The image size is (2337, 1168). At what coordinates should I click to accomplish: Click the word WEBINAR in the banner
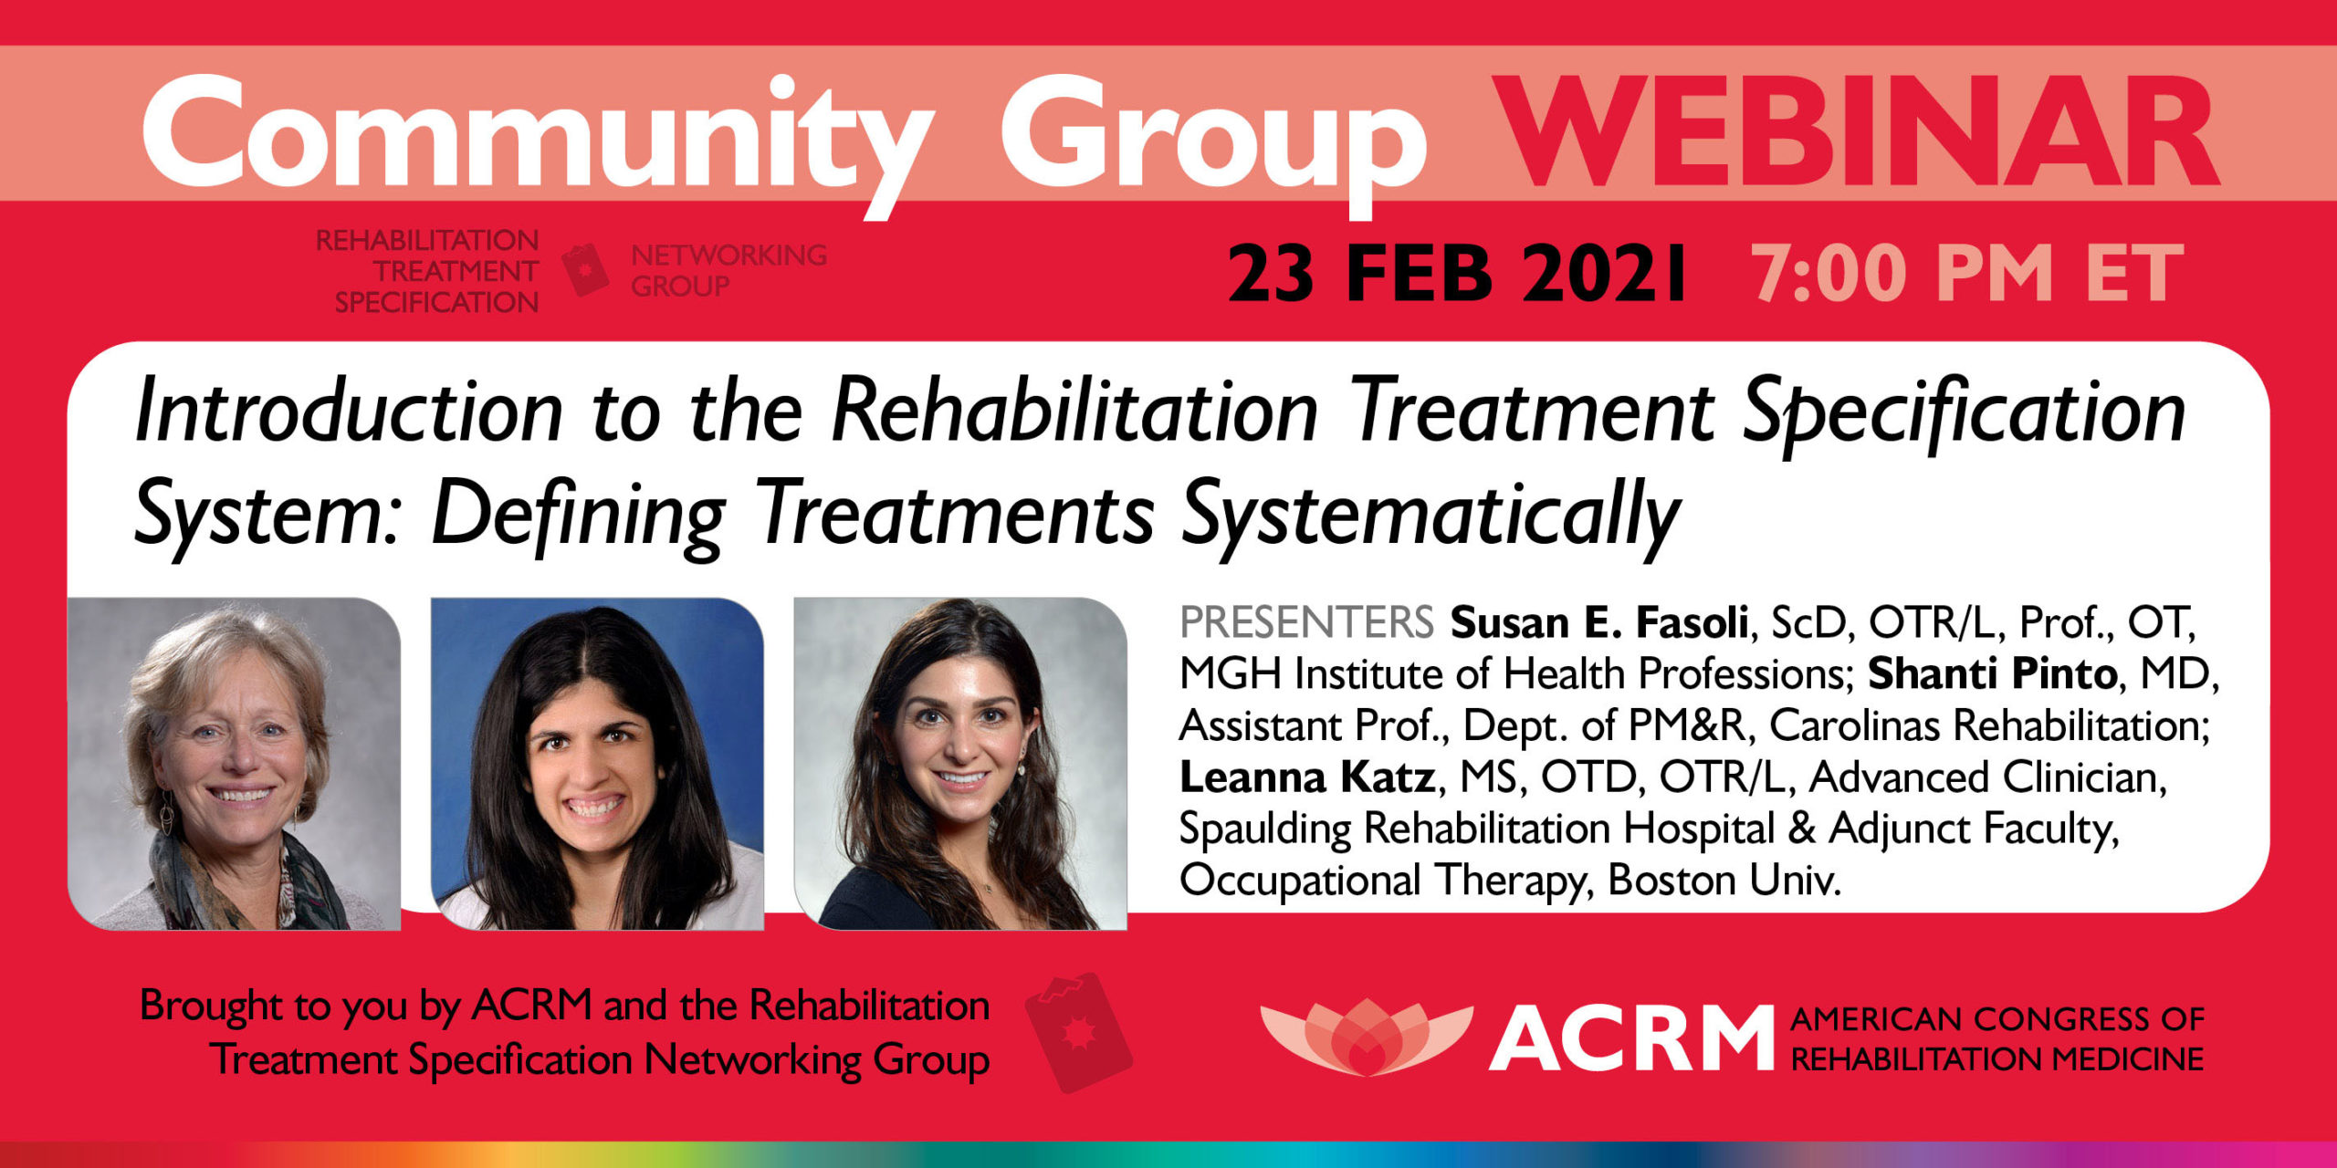point(1858,132)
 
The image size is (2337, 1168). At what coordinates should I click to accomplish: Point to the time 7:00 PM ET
point(1967,274)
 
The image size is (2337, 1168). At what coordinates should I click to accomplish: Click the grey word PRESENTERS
point(1306,622)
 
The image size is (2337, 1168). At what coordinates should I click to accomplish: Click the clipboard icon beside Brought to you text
point(1078,1032)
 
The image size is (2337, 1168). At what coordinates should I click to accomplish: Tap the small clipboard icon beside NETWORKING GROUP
point(585,269)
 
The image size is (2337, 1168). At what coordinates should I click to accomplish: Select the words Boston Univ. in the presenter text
point(1724,881)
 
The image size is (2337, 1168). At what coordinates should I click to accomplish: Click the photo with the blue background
point(597,764)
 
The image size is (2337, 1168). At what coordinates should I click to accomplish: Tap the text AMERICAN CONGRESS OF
point(1997,1018)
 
